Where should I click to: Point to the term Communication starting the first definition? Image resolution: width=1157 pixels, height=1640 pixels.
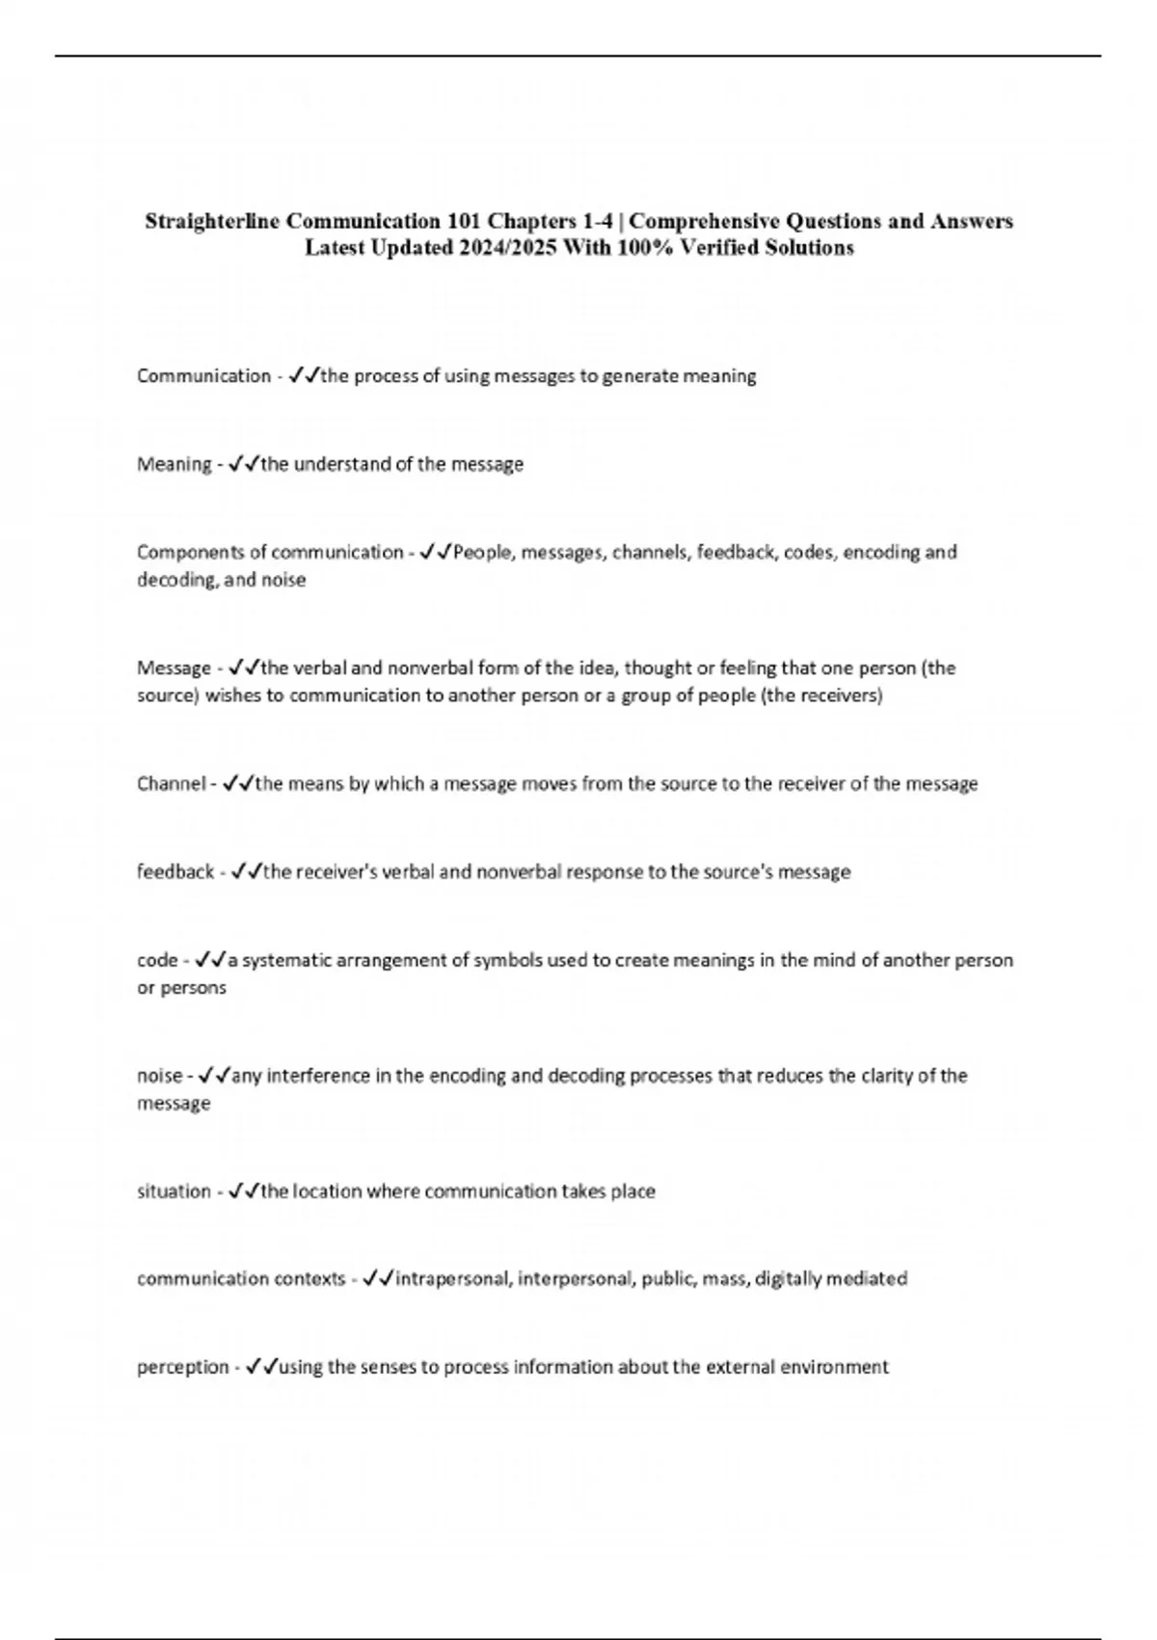(x=203, y=376)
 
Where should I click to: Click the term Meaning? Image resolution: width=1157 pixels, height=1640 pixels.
(x=174, y=465)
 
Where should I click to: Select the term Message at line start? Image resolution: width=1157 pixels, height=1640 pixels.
(x=174, y=669)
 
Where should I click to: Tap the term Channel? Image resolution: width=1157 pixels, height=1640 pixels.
(x=171, y=784)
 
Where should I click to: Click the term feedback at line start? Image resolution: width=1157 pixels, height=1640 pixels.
(x=175, y=872)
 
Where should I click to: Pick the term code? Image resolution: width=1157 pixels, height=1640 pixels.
(x=157, y=961)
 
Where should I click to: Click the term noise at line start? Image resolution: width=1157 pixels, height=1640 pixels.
(x=159, y=1076)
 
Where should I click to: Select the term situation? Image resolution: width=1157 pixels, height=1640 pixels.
(x=174, y=1191)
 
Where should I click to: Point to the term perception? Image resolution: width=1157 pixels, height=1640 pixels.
(x=183, y=1367)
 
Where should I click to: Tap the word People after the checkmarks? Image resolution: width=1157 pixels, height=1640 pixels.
(x=483, y=553)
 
